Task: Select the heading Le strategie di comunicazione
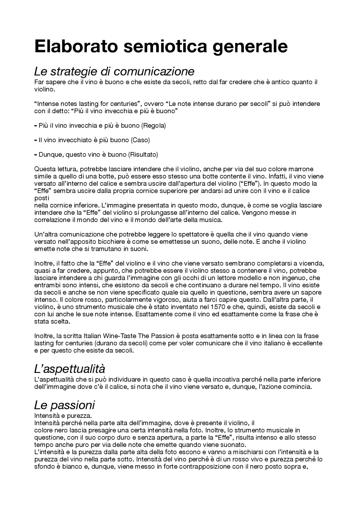tap(114, 71)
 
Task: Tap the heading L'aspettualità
tap(69, 368)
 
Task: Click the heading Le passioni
tap(64, 405)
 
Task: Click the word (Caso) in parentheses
tap(140, 140)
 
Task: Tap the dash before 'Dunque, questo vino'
tap(35, 155)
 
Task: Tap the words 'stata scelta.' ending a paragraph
tap(52, 322)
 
